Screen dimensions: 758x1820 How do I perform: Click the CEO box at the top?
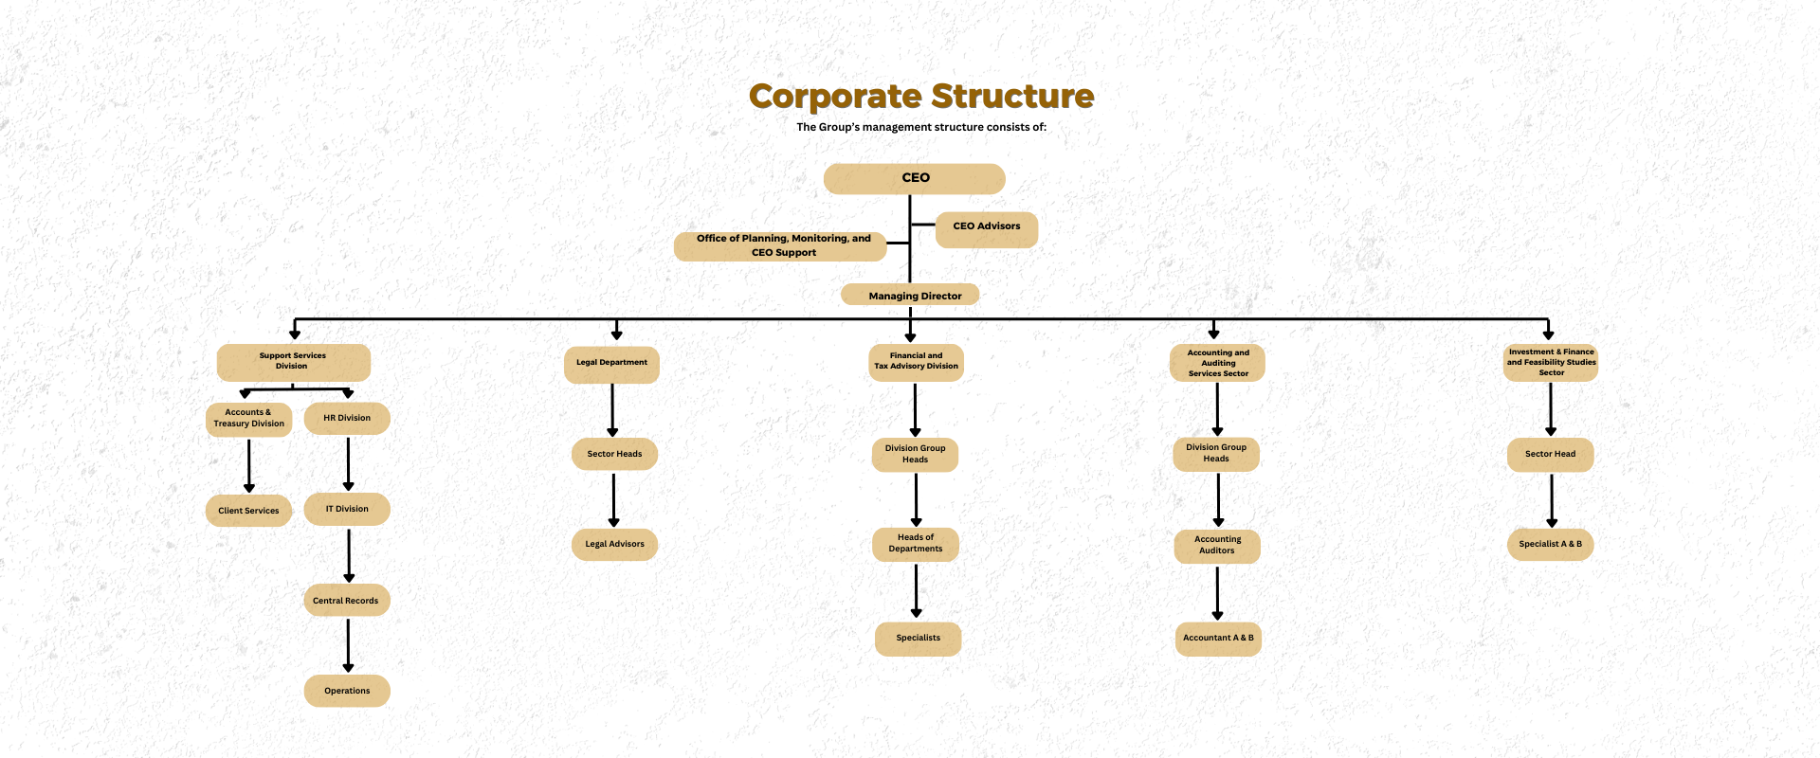pos(914,178)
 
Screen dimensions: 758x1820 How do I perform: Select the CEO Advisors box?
pos(986,227)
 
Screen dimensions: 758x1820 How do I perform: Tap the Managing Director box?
pos(910,296)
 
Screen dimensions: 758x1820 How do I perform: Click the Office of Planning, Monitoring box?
pos(780,246)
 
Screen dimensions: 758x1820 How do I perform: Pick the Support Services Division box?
pos(293,362)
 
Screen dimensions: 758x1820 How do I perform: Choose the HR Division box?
pos(347,418)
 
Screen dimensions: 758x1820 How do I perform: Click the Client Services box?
pos(248,511)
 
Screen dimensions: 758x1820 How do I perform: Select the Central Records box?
pos(346,601)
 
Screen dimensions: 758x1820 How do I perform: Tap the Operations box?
pos(347,691)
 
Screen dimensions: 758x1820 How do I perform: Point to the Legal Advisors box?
pos(614,544)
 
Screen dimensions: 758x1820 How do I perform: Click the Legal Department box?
pos(611,364)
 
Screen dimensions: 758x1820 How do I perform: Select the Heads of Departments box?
pos(916,544)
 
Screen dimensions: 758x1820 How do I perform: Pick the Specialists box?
pos(918,639)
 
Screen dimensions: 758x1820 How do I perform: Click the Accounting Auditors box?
pos(1217,546)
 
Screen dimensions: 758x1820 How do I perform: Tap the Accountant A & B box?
pos(1218,639)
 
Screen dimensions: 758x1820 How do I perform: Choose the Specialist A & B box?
pos(1550,545)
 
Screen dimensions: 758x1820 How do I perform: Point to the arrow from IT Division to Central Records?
pos(349,555)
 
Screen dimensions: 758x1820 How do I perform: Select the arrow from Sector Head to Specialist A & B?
pos(1552,499)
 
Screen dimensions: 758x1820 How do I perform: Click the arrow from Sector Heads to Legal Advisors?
pos(613,499)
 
